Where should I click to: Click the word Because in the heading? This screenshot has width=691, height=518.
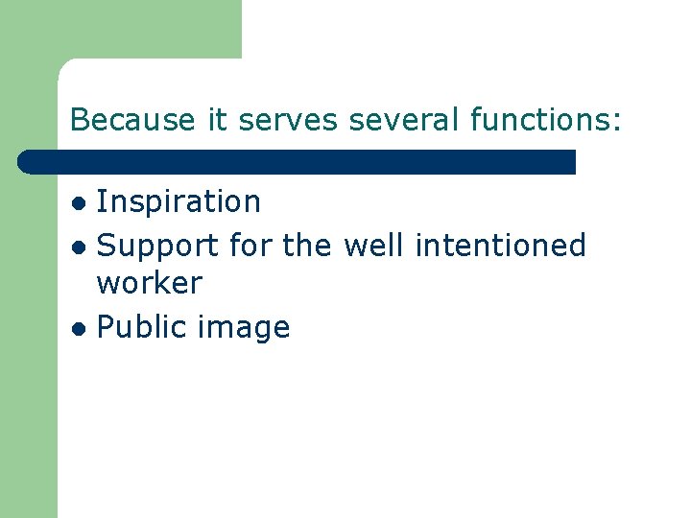133,120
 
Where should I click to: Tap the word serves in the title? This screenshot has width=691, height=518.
289,120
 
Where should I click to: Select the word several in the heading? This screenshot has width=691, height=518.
406,120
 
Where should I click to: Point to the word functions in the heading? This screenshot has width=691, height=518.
541,120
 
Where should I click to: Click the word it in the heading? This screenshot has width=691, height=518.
218,120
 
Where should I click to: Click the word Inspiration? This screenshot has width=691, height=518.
179,202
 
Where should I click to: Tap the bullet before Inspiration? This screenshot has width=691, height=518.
83,203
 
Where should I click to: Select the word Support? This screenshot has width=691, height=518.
158,246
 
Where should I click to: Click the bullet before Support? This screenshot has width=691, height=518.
83,247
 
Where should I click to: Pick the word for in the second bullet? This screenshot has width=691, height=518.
251,246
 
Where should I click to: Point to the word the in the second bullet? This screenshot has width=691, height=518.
307,246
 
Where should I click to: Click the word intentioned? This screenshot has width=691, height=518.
500,246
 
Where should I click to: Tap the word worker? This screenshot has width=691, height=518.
150,284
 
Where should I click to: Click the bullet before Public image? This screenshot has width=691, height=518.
83,328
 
